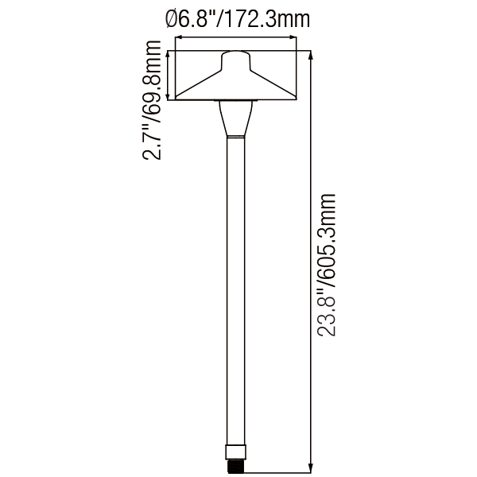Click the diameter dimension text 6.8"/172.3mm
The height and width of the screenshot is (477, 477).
(238, 20)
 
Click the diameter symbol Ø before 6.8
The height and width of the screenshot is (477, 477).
(172, 20)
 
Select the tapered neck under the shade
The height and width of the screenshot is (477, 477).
(235, 119)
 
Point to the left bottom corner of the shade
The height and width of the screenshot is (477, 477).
(177, 100)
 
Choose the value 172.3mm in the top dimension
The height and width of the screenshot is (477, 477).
(267, 20)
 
